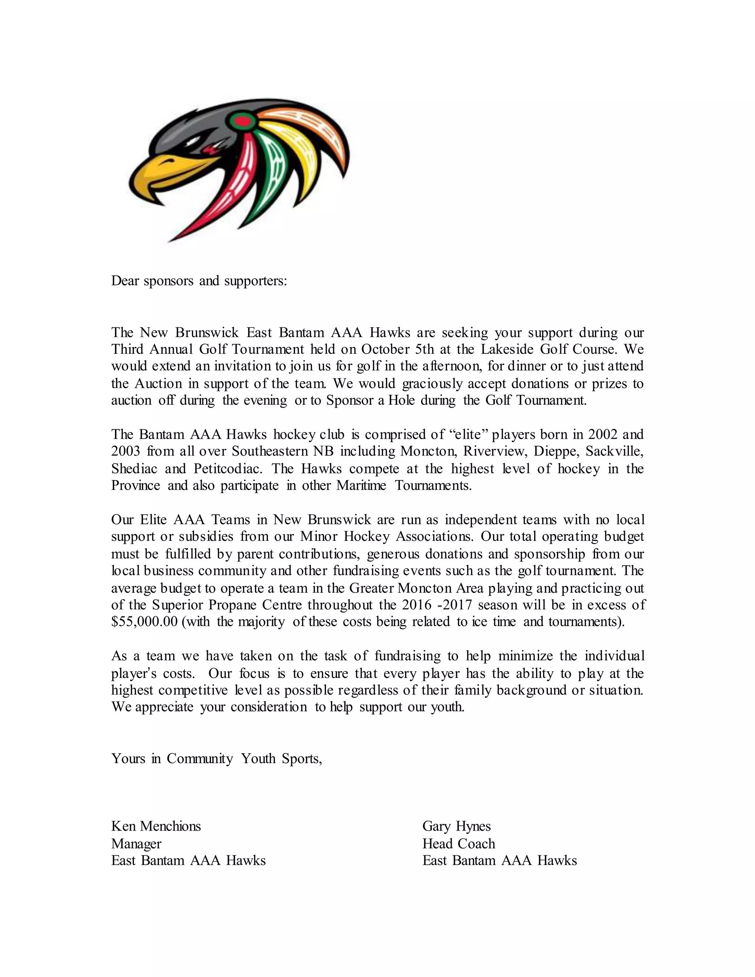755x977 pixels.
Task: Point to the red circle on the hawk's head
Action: (x=241, y=120)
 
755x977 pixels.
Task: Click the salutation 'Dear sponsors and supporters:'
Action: (x=199, y=281)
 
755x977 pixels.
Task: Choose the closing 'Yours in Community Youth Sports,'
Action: (x=216, y=758)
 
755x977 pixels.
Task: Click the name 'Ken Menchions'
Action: (x=156, y=826)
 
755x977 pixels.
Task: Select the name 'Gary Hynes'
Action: (x=456, y=826)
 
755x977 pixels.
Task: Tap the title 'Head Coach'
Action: (x=459, y=843)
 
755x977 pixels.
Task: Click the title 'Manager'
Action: (x=136, y=843)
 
